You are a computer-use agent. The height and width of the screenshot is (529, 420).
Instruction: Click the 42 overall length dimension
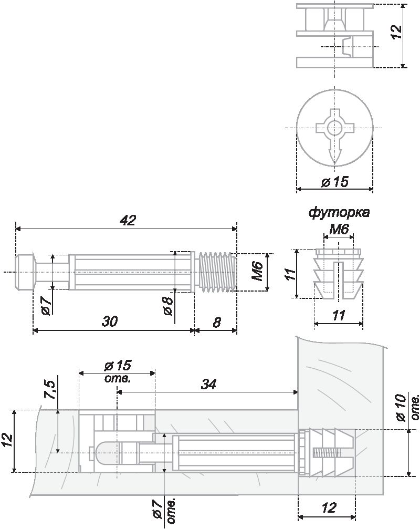pyautogui.click(x=128, y=221)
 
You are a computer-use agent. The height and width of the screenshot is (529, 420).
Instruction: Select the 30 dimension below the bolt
pyautogui.click(x=110, y=321)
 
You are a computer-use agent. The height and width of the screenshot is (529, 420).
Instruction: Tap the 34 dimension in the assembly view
pyautogui.click(x=208, y=384)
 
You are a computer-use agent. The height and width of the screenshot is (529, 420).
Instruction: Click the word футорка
pyautogui.click(x=339, y=213)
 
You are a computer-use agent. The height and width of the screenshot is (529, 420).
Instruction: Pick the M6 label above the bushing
pyautogui.click(x=339, y=230)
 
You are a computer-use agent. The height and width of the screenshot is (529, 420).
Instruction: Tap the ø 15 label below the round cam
pyautogui.click(x=335, y=182)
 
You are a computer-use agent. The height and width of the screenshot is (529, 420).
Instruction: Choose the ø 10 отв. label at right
pyautogui.click(x=408, y=408)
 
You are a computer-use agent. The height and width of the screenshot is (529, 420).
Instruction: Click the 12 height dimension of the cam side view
pyautogui.click(x=397, y=33)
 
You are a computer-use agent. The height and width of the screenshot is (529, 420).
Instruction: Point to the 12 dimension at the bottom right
pyautogui.click(x=329, y=508)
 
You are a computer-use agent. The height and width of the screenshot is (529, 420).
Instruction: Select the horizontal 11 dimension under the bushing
pyautogui.click(x=339, y=315)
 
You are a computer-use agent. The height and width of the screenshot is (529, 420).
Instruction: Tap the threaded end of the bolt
pyautogui.click(x=216, y=272)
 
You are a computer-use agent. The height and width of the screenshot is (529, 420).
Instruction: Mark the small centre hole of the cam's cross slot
pyautogui.click(x=335, y=128)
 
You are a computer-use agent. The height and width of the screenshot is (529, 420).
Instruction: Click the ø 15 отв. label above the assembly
pyautogui.click(x=118, y=371)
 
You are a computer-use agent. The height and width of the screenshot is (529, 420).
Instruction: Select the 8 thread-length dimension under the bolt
pyautogui.click(x=216, y=322)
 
